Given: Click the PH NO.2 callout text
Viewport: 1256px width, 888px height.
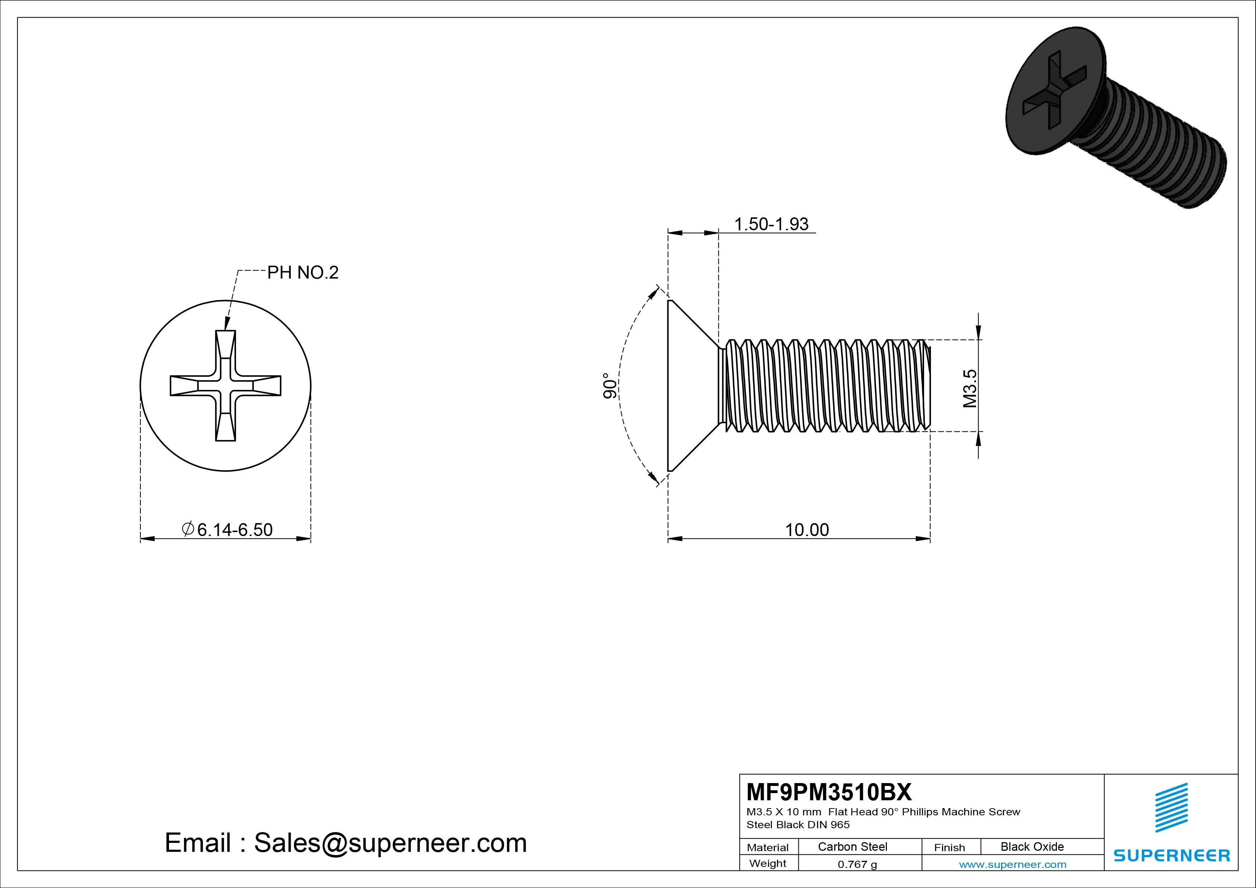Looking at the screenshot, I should pyautogui.click(x=303, y=272).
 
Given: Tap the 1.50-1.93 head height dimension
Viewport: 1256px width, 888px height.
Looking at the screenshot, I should pyautogui.click(x=771, y=224).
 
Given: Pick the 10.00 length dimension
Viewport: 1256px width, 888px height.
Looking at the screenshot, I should pyautogui.click(x=807, y=530).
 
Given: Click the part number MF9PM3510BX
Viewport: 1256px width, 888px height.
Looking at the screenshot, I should pyautogui.click(x=829, y=792).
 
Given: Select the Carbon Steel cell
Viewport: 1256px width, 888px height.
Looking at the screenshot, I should pyautogui.click(x=852, y=846).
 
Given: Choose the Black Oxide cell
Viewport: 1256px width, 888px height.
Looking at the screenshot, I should pyautogui.click(x=1032, y=846).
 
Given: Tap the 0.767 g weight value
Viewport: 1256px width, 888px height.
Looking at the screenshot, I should pyautogui.click(x=857, y=864).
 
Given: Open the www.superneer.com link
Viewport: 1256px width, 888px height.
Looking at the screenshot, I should pyautogui.click(x=1013, y=864).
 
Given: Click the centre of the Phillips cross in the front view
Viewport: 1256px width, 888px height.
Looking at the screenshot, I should pyautogui.click(x=225, y=386).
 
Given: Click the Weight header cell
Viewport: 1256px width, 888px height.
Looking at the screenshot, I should pyautogui.click(x=768, y=863).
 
